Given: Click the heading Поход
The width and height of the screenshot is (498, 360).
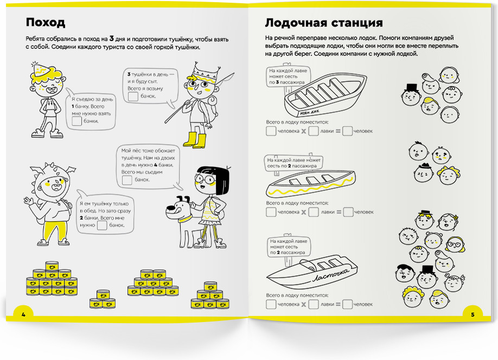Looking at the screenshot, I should click(46, 23).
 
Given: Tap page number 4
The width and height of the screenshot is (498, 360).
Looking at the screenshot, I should click(23, 314).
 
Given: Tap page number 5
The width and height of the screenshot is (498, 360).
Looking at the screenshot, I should click(473, 314).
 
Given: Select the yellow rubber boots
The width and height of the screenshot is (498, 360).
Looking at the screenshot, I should click(194, 139).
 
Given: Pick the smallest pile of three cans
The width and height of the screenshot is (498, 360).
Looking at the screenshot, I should click(102, 299).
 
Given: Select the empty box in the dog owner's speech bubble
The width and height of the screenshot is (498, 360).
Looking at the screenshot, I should click(127, 179).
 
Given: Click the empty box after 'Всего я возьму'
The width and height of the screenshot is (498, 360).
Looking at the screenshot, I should click(132, 97).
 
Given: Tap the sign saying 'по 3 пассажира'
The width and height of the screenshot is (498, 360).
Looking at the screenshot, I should click(288, 76).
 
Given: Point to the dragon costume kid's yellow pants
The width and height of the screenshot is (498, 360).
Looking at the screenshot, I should click(52, 233).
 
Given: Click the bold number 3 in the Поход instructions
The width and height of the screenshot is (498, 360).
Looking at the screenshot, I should click(111, 38).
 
